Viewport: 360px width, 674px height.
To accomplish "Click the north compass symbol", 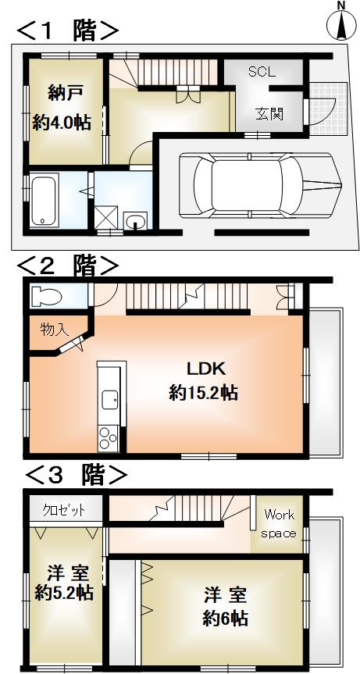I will (x=341, y=23).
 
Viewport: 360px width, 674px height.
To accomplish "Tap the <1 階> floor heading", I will (x=68, y=31).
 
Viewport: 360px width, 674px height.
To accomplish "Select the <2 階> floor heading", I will (x=68, y=266).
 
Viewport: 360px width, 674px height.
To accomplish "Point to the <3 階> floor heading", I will (x=76, y=474).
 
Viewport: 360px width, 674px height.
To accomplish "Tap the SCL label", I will (x=262, y=72).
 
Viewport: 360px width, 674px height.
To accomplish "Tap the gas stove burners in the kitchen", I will (x=106, y=439).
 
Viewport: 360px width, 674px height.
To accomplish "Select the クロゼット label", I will (x=64, y=510).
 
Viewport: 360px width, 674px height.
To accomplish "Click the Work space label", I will (x=279, y=523).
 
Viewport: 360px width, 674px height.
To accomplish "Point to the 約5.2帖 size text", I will (x=64, y=593).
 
